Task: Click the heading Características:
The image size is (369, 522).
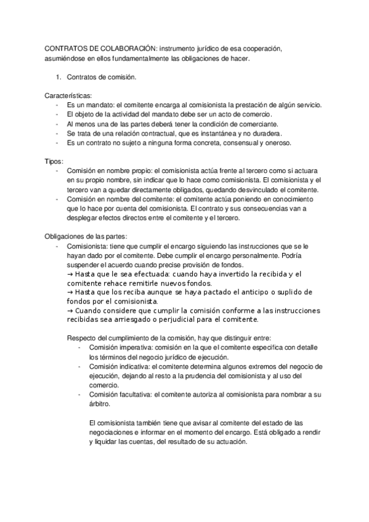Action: (x=68, y=96)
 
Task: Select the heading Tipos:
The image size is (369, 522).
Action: (x=55, y=161)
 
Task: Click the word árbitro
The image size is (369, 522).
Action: (x=100, y=404)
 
